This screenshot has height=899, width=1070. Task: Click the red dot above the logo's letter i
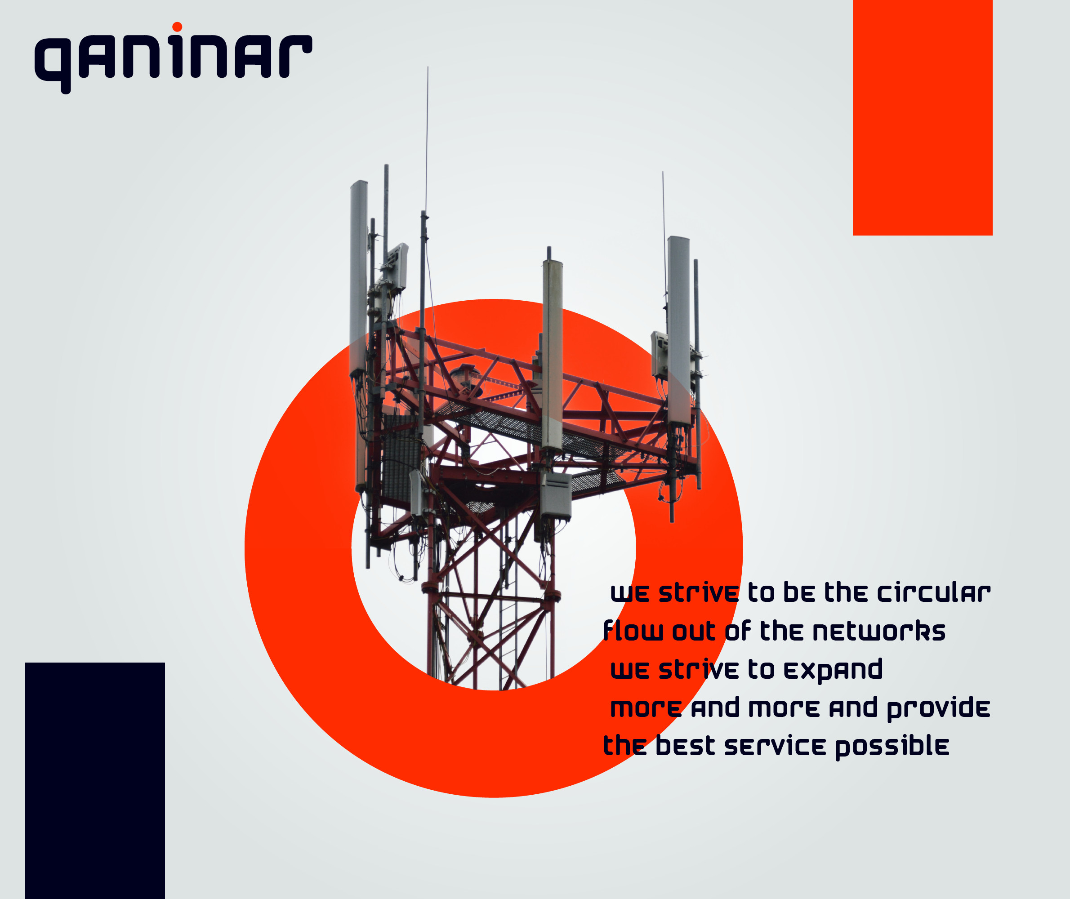(177, 27)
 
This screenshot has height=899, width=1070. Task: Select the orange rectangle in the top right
(923, 118)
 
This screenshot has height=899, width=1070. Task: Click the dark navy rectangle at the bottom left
(95, 781)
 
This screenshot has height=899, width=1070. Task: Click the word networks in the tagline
(879, 631)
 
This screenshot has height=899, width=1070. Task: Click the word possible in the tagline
(892, 747)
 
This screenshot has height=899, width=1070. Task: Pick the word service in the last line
(775, 746)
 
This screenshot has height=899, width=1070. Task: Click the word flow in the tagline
(633, 631)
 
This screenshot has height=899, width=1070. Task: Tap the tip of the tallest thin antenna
(428, 67)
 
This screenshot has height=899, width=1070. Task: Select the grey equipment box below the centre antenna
(556, 495)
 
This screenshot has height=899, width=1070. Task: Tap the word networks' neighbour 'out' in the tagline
(694, 632)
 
